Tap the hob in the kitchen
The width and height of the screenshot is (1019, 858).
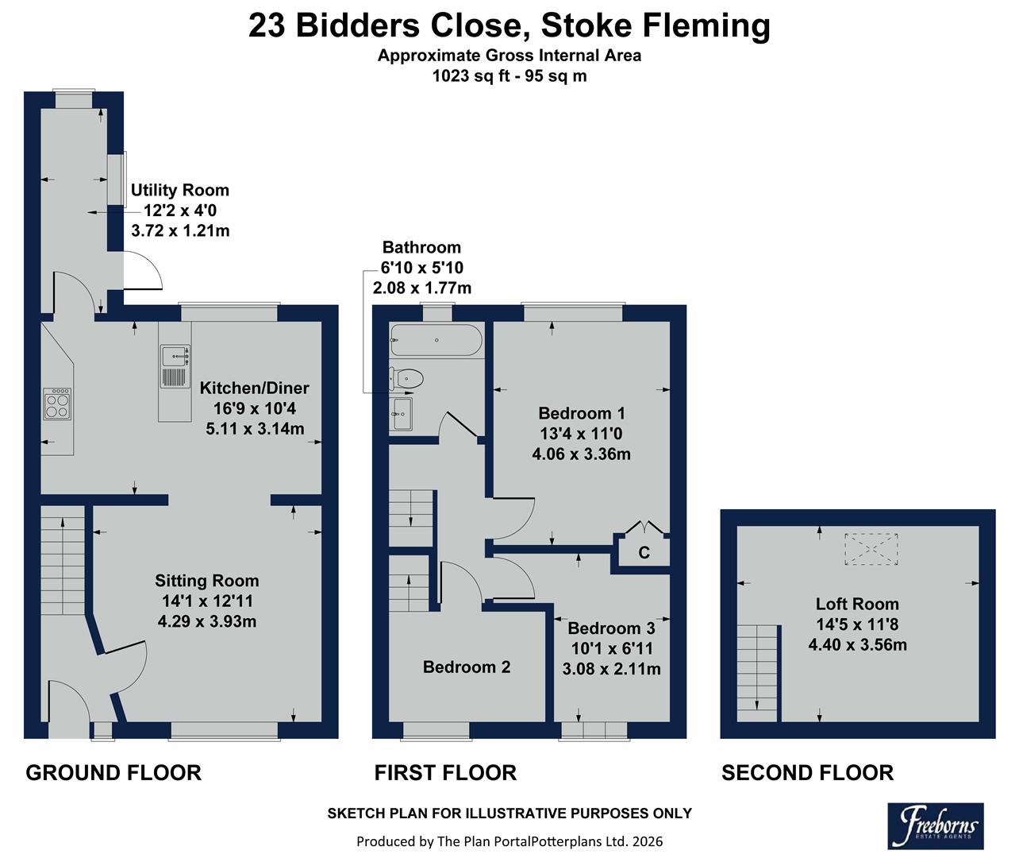[x=57, y=403]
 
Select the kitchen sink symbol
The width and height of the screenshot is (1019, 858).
[x=175, y=365]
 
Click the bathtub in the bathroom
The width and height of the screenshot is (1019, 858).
[x=435, y=340]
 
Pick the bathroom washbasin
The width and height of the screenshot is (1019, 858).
[x=402, y=414]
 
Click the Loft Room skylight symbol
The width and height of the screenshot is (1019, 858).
[x=871, y=548]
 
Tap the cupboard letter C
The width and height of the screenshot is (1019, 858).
[x=644, y=552]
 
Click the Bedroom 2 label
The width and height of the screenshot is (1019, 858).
[x=467, y=667]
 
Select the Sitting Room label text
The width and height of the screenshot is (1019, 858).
[x=206, y=581]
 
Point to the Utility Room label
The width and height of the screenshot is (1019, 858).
[x=179, y=190]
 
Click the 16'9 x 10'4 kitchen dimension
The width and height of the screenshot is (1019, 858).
[x=254, y=408]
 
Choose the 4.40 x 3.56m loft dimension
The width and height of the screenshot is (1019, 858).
[x=857, y=644]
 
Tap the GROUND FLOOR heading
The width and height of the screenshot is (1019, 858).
[x=113, y=772]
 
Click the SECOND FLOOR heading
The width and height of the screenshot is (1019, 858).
[x=807, y=772]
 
